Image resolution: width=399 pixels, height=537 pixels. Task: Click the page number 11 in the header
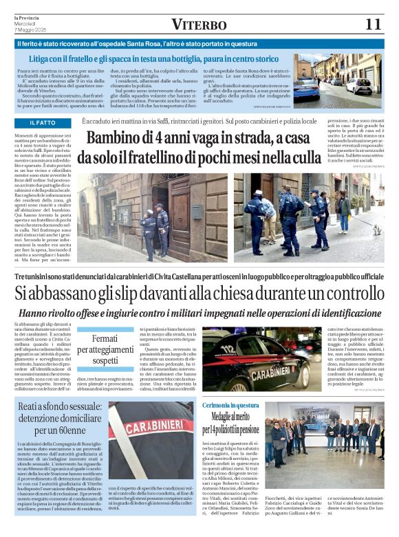tap(372, 24)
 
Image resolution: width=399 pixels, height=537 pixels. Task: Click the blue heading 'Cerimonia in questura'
tap(231, 406)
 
